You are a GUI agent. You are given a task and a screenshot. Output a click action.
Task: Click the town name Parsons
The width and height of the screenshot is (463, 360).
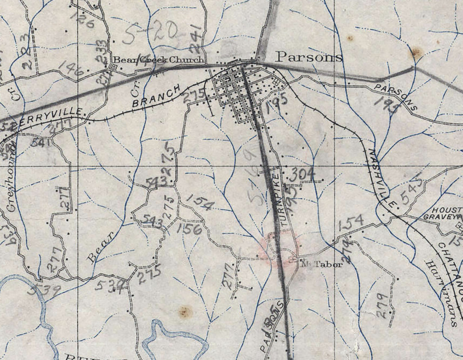tap(309, 57)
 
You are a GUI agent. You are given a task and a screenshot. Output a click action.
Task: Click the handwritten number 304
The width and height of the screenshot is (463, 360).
tap(302, 175)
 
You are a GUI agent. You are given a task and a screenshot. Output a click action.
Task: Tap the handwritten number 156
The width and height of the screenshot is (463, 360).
tap(190, 229)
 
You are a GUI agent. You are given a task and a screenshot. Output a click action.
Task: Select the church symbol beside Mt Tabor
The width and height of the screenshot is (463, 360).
tap(293, 260)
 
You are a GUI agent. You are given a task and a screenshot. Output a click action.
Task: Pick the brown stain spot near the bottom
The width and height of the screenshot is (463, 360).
tap(185, 311)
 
